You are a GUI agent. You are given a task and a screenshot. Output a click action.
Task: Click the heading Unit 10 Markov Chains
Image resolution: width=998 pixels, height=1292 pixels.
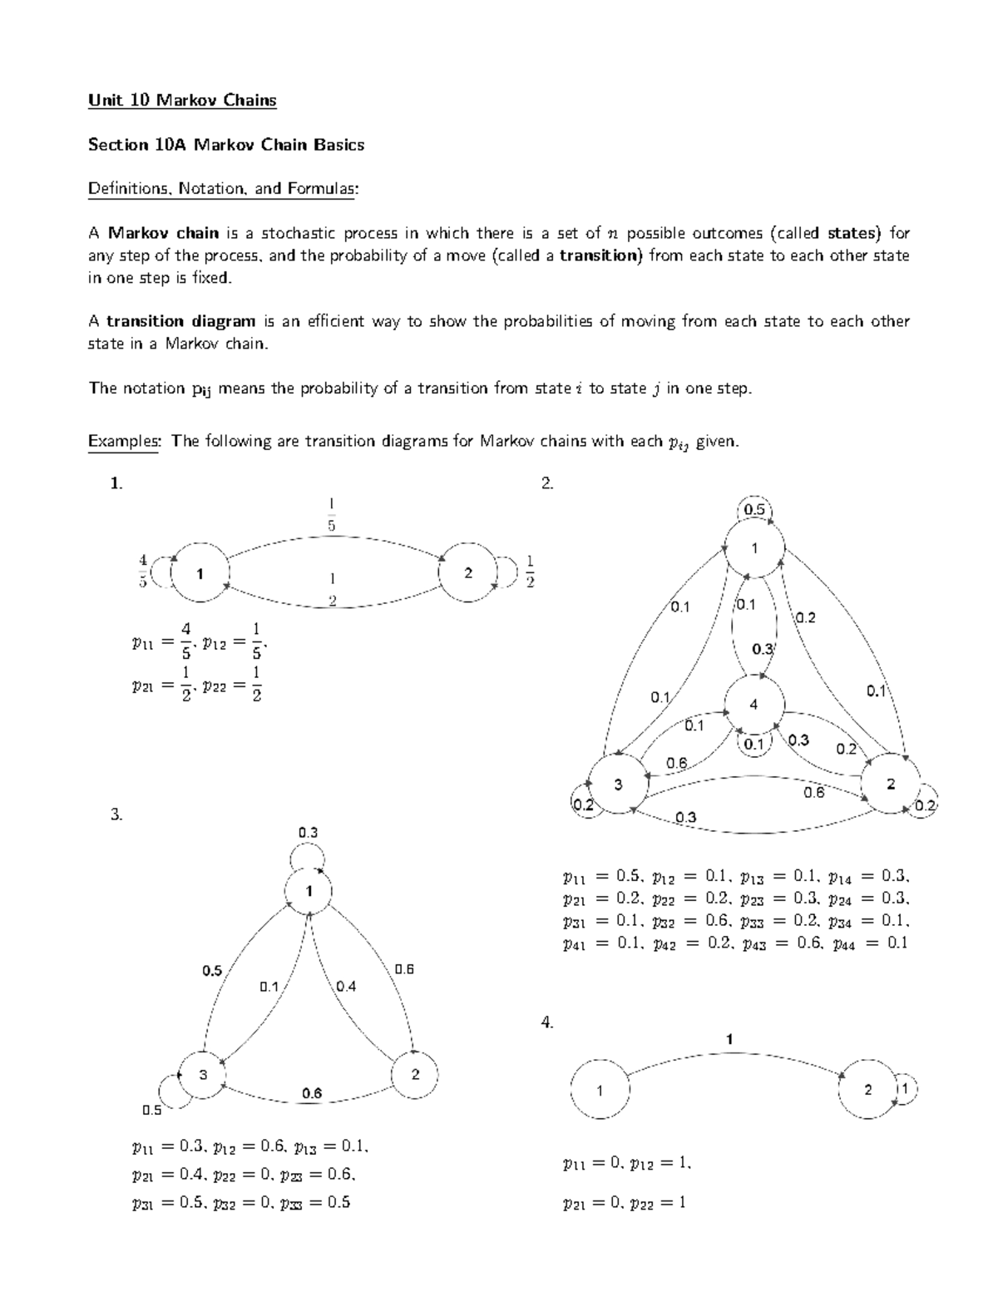(182, 101)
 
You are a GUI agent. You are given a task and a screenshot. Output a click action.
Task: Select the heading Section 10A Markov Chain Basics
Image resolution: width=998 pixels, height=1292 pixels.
(226, 145)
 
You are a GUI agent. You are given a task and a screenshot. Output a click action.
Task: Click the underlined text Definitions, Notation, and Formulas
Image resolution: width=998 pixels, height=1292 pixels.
(224, 189)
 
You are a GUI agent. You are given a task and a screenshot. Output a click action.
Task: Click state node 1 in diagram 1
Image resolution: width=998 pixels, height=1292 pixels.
(200, 573)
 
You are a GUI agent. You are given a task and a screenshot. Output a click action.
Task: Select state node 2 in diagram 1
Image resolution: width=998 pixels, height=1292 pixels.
(468, 572)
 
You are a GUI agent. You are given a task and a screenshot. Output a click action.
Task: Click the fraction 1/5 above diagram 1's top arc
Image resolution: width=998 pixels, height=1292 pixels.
(332, 515)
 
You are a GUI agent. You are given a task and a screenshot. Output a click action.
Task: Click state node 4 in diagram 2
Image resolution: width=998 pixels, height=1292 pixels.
(753, 705)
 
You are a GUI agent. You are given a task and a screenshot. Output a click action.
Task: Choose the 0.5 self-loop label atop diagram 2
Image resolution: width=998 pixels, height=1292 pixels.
(754, 510)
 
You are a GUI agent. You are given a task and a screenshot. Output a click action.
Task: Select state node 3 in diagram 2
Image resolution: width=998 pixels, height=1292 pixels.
(618, 785)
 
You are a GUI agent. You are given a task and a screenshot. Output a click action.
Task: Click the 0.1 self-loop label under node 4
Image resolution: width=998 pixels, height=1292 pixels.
(754, 744)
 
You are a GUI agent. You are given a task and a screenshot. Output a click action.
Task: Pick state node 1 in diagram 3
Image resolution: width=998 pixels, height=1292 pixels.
(309, 891)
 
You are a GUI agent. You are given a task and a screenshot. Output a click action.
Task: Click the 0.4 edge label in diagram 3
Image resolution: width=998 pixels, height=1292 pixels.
(346, 986)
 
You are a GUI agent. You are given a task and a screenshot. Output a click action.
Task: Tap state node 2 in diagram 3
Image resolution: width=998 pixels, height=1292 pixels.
(415, 1074)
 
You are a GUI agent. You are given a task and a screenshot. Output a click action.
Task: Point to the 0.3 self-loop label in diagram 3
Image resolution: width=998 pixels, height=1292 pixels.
(309, 833)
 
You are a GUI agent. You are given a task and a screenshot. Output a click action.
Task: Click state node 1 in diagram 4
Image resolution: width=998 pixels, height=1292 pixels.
(599, 1090)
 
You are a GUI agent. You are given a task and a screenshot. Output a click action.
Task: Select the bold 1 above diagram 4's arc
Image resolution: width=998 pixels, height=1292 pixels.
(729, 1039)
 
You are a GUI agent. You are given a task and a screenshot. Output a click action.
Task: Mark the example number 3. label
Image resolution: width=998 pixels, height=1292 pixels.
(116, 815)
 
